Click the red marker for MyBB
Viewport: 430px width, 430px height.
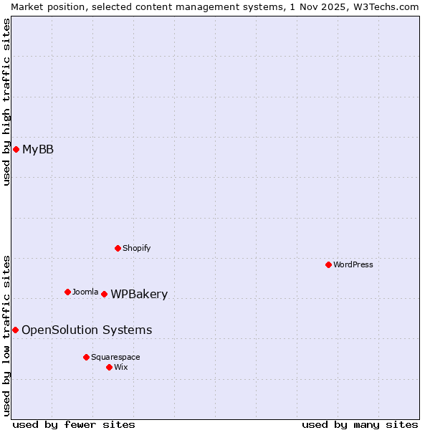(x=16, y=149)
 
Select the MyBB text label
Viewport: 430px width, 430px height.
(x=38, y=149)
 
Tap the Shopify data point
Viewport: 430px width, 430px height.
(x=118, y=248)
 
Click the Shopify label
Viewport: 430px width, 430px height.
(x=136, y=248)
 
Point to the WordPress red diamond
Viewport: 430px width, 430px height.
(x=328, y=264)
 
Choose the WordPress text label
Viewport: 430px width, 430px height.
(x=353, y=264)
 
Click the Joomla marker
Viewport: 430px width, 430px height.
(x=67, y=292)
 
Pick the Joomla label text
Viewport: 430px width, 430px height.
(x=85, y=292)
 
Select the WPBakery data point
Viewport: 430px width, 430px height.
(x=104, y=294)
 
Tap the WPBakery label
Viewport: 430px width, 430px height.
(x=139, y=294)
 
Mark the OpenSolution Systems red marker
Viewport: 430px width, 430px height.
(x=15, y=330)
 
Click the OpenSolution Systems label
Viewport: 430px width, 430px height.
(x=87, y=330)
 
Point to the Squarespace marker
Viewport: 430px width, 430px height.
(x=86, y=357)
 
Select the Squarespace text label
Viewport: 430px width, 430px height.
(x=115, y=357)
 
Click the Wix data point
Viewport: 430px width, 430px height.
(x=109, y=367)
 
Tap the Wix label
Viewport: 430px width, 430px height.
(x=121, y=367)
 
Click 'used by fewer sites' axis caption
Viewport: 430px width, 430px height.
(x=74, y=424)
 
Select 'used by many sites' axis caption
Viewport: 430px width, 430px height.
(x=360, y=424)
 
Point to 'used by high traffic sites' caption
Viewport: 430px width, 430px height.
(x=6, y=102)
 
